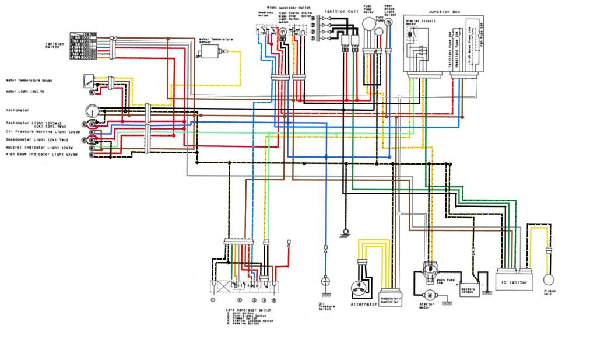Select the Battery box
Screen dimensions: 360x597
[469, 289]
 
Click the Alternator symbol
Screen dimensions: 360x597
[360, 288]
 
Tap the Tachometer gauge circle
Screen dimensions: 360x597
[90, 110]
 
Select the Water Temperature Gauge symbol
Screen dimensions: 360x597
[88, 79]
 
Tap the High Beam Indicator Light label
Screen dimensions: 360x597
[41, 155]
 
